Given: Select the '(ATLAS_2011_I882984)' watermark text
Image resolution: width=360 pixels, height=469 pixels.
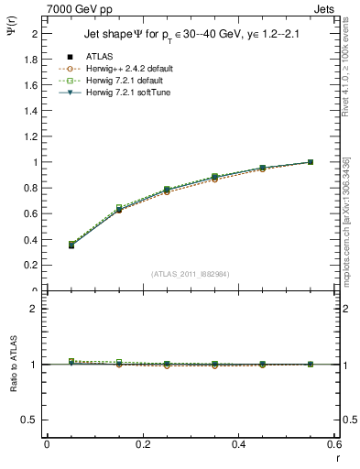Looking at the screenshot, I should point(191,273).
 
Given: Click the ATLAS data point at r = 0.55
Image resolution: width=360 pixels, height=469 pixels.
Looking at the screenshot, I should point(311,162).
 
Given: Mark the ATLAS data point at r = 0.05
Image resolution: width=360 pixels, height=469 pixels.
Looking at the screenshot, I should point(71,245).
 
